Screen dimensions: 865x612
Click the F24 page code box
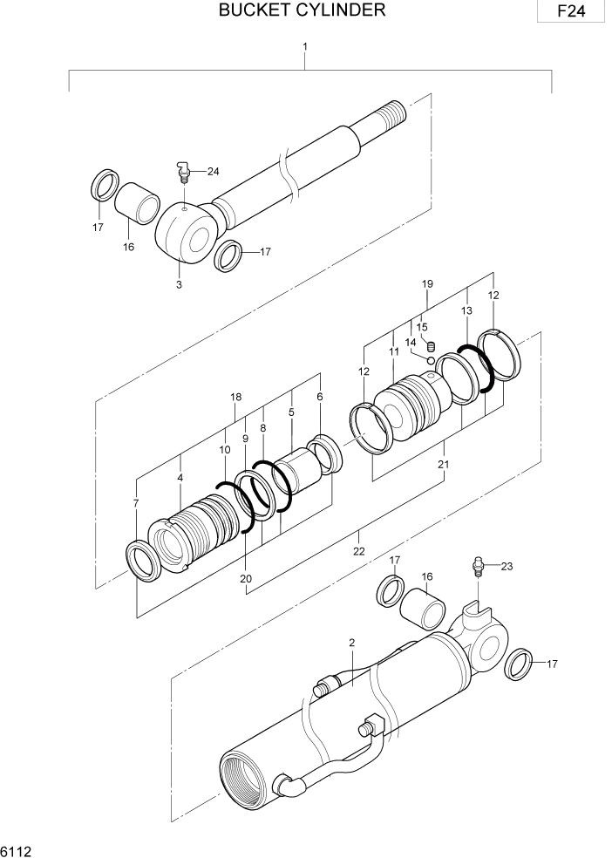click(571, 12)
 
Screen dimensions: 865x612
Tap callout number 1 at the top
click(304, 45)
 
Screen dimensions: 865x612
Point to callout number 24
click(213, 171)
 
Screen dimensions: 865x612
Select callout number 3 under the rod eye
click(179, 284)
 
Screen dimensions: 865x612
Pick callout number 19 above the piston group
click(427, 284)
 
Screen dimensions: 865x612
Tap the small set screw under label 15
click(430, 346)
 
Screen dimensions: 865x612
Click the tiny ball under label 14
click(431, 358)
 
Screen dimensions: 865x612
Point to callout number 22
click(358, 550)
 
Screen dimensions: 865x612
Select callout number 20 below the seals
click(246, 578)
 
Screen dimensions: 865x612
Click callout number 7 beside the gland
click(135, 504)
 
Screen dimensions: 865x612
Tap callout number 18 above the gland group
click(235, 397)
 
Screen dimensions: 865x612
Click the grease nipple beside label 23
click(477, 566)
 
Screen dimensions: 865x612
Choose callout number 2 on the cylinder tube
click(351, 643)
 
